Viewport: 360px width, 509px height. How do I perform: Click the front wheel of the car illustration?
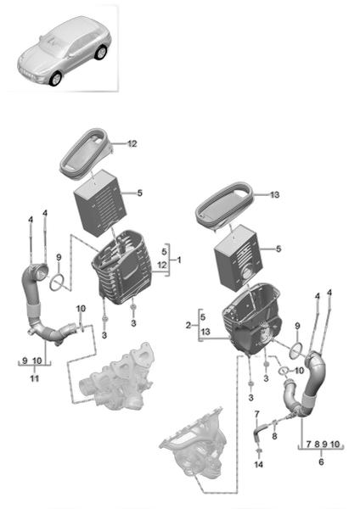pos(56,79)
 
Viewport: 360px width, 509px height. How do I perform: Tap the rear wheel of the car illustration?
pos(101,53)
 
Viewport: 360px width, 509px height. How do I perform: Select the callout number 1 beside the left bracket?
pos(178,260)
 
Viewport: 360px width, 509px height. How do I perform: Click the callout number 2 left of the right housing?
pos(188,325)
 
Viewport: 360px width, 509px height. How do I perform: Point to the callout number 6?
pos(321,461)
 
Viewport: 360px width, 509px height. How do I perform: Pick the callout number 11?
pos(35,378)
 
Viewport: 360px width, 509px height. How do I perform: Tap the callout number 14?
pos(259,465)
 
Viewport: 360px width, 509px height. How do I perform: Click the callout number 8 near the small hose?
pos(274,436)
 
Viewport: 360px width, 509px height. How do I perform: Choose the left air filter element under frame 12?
pos(100,204)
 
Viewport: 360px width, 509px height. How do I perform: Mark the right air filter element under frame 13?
pos(239,257)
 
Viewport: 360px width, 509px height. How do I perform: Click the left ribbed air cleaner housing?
pos(122,267)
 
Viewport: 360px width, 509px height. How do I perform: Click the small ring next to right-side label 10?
pos(284,370)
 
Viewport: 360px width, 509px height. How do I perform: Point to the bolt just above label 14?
pos(259,451)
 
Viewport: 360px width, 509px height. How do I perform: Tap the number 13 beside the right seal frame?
pos(274,195)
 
